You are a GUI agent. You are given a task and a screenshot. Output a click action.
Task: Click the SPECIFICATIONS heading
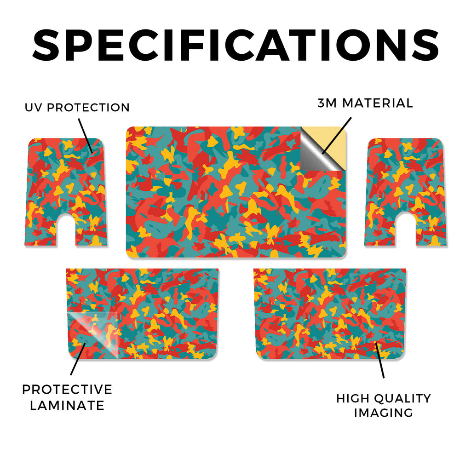coord(235,45)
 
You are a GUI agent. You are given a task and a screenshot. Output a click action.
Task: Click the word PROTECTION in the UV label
coord(88,108)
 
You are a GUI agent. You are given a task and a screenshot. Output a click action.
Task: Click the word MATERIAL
coord(378,103)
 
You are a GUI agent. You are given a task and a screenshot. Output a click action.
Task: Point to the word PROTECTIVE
coord(67,390)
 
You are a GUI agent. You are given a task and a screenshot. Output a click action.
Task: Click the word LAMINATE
coord(67,406)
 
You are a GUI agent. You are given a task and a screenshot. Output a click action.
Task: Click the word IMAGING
coord(384,413)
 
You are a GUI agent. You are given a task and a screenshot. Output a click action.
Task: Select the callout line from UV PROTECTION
coord(85,136)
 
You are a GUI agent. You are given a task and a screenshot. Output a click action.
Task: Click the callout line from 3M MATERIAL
coord(337,136)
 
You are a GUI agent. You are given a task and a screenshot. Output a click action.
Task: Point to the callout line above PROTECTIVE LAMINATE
coord(78,359)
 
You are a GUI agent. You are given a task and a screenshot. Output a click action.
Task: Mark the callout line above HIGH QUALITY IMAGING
coord(379,360)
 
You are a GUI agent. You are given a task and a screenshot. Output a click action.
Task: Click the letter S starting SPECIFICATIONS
coord(46,45)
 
